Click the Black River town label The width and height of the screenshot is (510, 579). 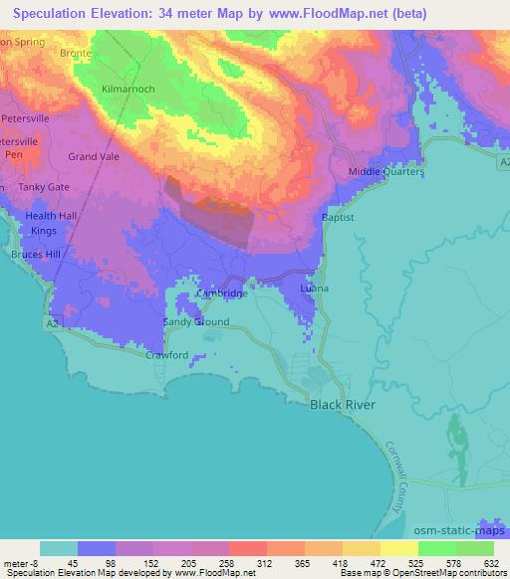point(346,405)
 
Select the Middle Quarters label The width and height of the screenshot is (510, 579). point(385,172)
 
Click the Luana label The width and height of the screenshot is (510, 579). point(313,289)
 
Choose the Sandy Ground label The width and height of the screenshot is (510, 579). point(196,322)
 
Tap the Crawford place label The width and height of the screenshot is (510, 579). point(166,355)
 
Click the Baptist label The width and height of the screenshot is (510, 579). point(338,217)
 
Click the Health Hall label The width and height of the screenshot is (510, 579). point(51,216)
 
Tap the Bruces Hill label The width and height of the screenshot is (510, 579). point(36,255)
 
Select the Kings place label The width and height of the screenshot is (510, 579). point(44,231)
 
